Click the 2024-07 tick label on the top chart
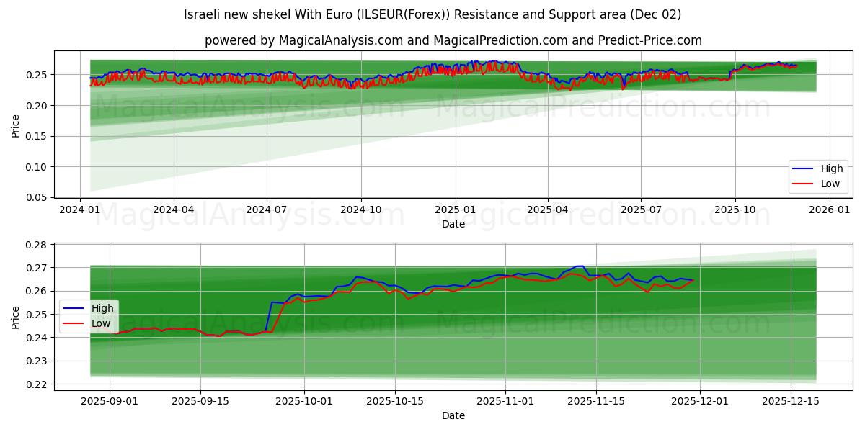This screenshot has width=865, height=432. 267,210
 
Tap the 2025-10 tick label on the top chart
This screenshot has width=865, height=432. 735,210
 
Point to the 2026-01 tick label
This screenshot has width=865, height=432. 829,210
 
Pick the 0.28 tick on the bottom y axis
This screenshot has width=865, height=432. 37,245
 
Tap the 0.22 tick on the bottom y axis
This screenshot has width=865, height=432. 37,384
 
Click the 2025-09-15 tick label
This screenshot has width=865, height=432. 200,401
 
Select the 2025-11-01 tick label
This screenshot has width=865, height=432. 505,401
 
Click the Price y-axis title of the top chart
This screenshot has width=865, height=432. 16,125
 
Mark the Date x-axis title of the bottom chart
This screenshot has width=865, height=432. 453,415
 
